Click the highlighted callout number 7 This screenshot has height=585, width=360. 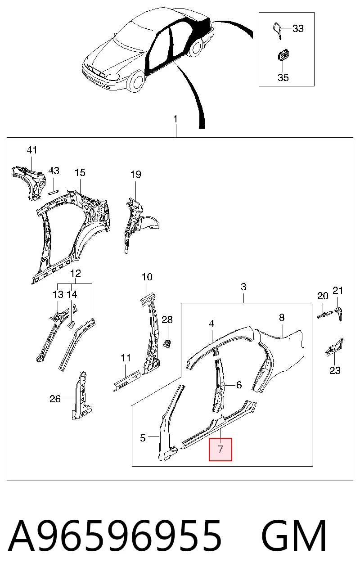[220, 449]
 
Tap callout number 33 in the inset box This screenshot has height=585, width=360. [298, 28]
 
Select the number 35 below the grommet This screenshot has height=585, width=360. [283, 77]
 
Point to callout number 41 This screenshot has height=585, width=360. [32, 150]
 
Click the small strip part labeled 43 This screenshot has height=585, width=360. [54, 192]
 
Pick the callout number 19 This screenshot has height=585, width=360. [136, 174]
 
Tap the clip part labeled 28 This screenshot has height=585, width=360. [167, 343]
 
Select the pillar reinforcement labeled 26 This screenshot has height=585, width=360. [81, 396]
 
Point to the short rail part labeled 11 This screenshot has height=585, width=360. [127, 381]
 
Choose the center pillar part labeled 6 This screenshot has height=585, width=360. [219, 386]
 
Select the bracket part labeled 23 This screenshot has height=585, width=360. [334, 348]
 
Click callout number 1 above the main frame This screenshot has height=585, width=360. [175, 119]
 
